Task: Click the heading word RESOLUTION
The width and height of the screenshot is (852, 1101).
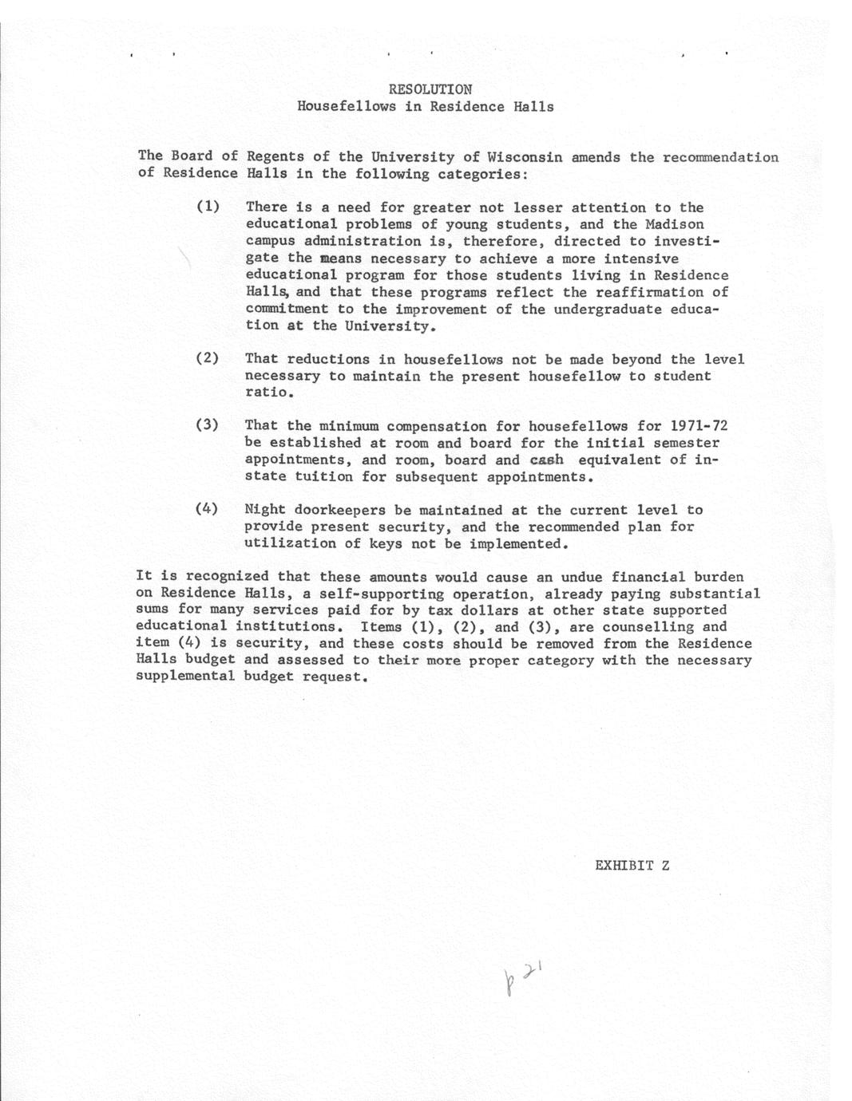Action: click(x=430, y=89)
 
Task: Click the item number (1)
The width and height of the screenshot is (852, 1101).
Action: click(x=208, y=207)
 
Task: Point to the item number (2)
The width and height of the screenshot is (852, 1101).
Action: click(x=208, y=358)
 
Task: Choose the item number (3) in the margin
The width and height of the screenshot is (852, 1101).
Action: click(x=208, y=425)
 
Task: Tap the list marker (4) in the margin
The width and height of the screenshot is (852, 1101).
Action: click(x=208, y=509)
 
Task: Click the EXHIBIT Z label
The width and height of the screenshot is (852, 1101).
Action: click(x=632, y=865)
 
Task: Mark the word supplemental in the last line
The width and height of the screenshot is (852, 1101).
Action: click(x=185, y=677)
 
